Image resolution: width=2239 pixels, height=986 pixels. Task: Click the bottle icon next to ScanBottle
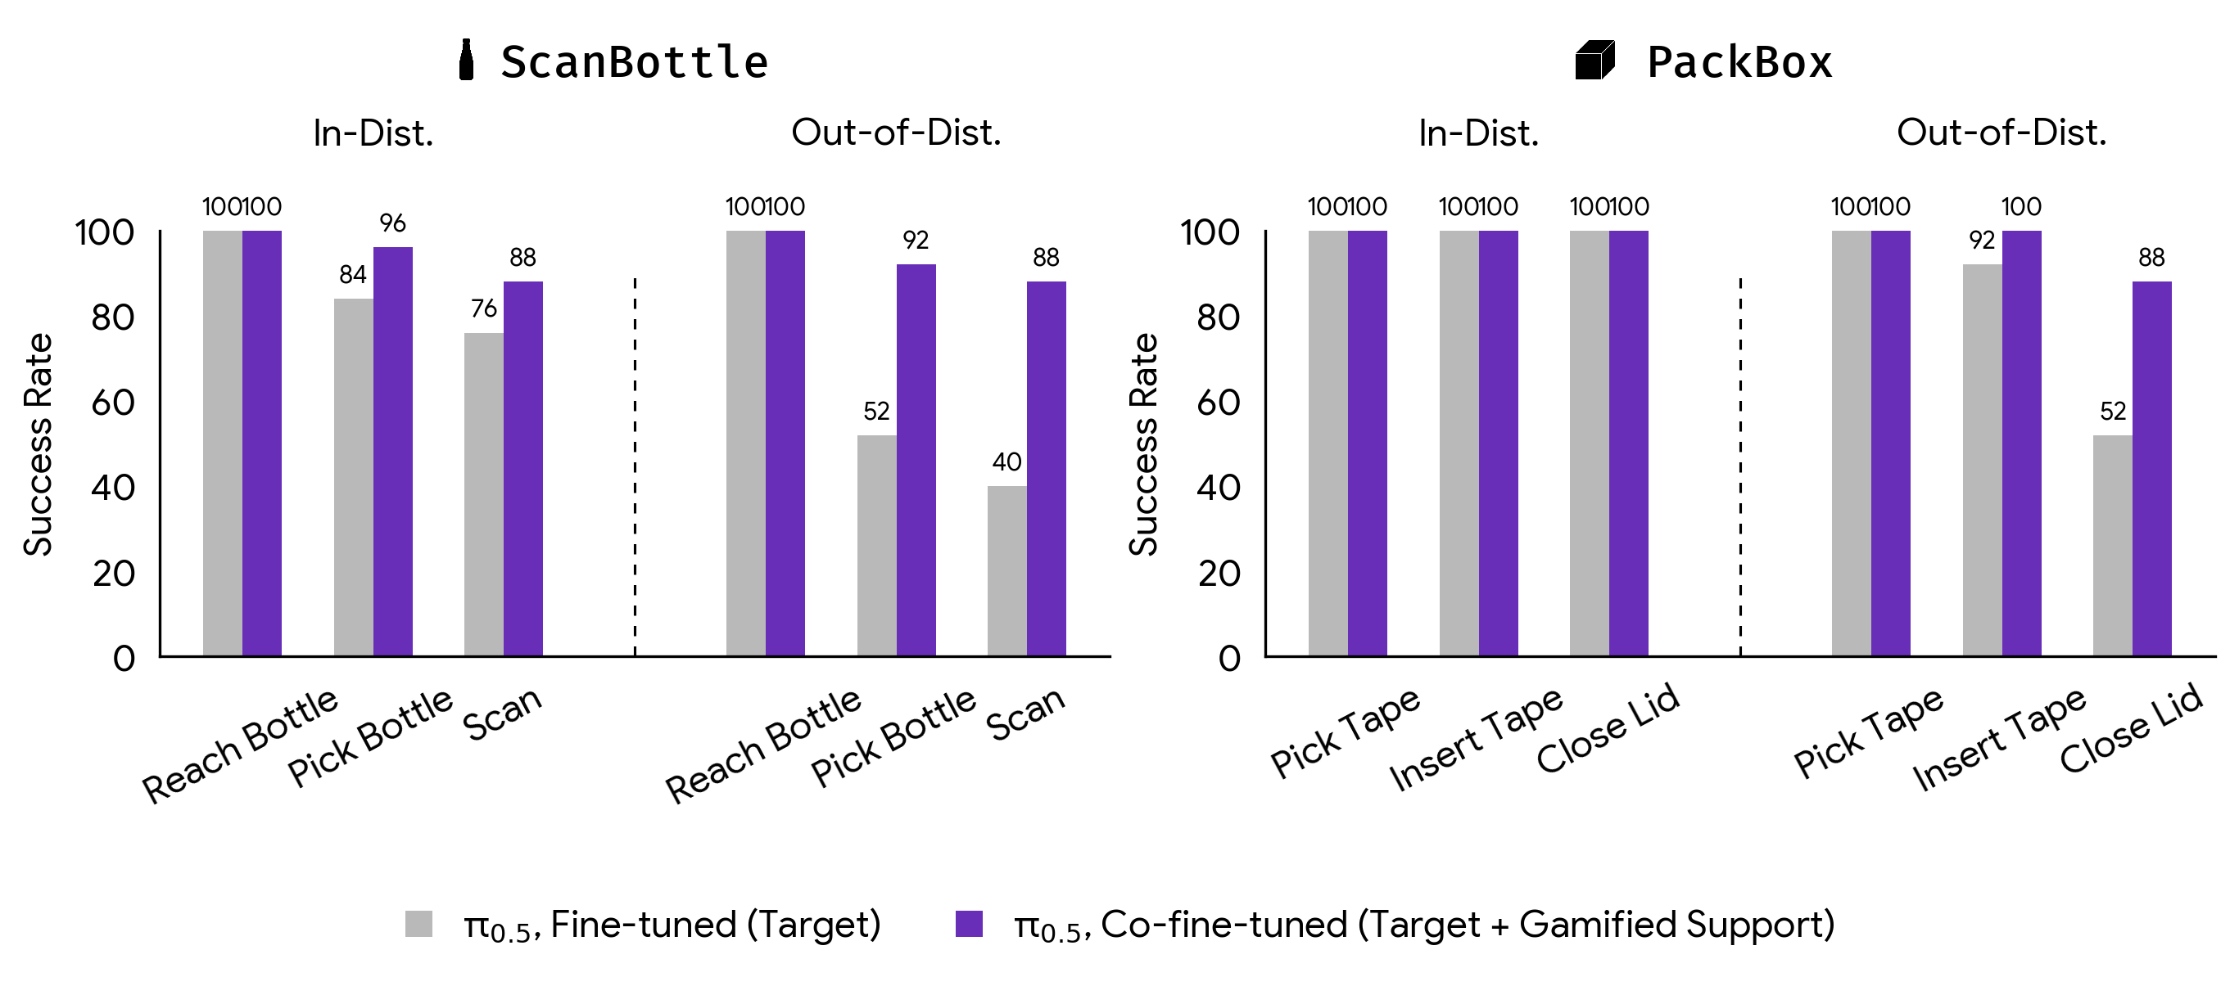466,60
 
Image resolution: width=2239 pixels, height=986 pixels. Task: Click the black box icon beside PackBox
1594,61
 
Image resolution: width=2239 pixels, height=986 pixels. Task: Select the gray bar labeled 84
354,477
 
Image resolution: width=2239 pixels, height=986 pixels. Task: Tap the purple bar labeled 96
393,451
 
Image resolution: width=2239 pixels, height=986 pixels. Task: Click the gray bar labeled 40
1006,571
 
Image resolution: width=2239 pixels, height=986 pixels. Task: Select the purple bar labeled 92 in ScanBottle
916,460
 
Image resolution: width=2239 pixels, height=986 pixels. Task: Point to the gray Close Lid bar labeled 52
2112,545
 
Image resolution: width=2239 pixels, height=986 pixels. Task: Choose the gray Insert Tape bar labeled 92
1982,460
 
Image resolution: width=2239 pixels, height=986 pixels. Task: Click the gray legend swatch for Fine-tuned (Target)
419,924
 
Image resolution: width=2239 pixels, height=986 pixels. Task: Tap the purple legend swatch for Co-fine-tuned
968,924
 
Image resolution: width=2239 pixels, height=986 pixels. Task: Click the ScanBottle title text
635,62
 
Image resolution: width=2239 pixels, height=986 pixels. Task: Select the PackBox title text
1739,62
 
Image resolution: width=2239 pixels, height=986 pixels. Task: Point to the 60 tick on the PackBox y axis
1218,403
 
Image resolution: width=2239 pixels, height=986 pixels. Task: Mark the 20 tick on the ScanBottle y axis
114,574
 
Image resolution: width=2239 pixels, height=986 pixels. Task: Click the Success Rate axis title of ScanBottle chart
38,444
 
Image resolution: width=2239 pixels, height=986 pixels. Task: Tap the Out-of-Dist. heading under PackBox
2001,133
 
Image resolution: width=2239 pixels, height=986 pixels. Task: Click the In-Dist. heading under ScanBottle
373,133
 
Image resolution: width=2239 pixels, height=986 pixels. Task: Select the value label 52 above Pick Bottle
876,411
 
